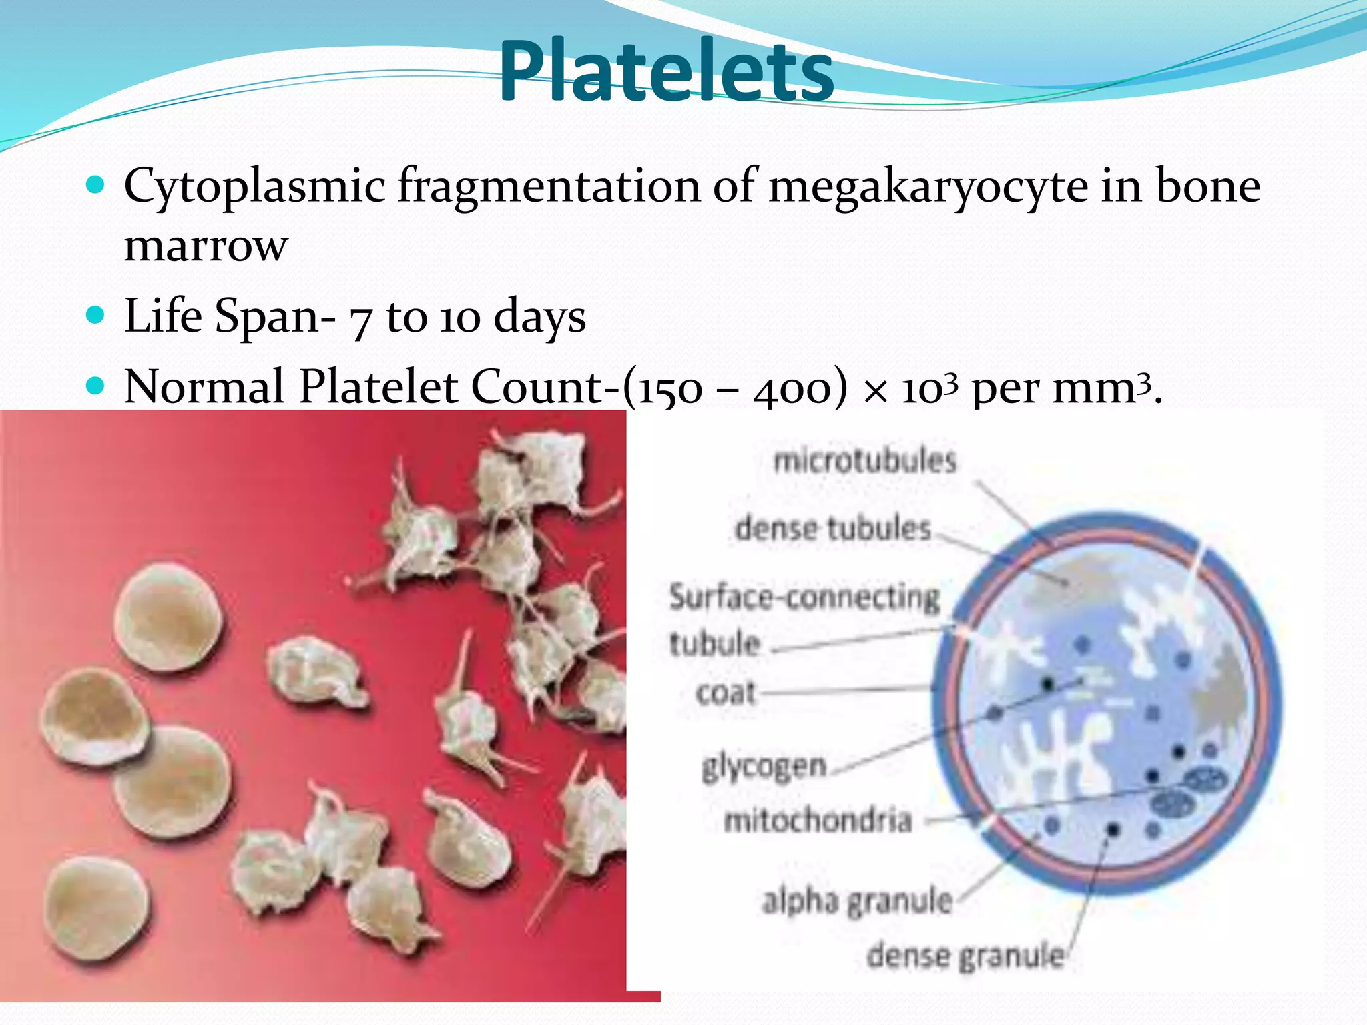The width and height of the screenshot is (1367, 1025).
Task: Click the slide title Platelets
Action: point(666,72)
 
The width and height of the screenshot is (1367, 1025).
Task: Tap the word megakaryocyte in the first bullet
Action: point(928,187)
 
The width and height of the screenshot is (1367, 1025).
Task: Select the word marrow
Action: point(206,247)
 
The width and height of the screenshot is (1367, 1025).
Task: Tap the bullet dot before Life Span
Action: point(96,314)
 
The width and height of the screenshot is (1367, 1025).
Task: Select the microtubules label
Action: point(865,461)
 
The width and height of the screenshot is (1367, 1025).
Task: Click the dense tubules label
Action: point(833,529)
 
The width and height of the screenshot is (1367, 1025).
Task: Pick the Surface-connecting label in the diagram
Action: point(804,597)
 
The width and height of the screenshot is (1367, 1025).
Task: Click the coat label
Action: point(726,693)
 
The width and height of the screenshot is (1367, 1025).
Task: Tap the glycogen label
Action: point(764,767)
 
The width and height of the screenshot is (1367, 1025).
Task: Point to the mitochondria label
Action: point(818,820)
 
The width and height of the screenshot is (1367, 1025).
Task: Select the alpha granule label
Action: point(858,902)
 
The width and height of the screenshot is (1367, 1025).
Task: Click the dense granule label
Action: point(965,956)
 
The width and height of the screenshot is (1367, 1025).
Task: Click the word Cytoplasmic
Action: point(255,187)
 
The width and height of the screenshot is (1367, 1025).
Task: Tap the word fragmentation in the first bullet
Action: point(549,187)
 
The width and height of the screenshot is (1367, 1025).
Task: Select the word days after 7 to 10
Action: point(539,316)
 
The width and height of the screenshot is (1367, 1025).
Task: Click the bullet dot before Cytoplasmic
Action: point(96,184)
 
